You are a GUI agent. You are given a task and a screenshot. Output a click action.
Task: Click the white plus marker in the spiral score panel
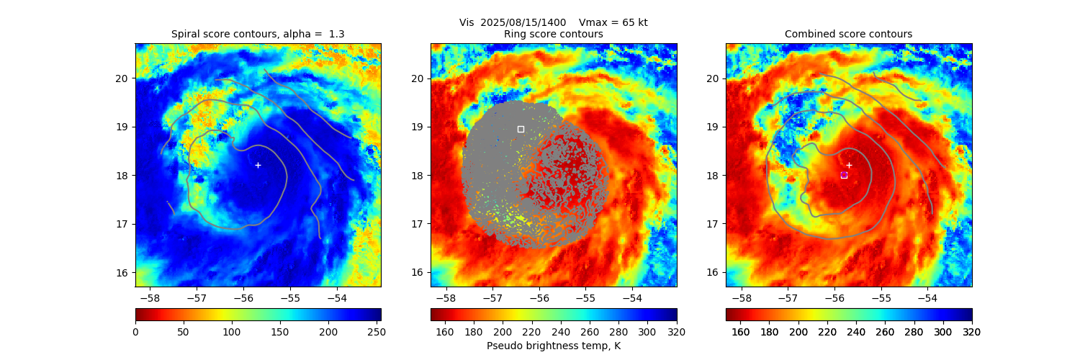point(258,165)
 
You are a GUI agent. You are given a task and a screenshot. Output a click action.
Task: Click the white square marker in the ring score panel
point(521,129)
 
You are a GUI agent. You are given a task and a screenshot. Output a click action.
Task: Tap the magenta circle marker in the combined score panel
point(844,174)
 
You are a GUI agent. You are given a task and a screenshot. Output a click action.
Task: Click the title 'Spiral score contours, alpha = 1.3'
point(258,34)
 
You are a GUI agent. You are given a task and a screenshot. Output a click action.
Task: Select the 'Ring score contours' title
point(553,34)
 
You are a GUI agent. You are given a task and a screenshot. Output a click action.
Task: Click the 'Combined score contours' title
point(848,34)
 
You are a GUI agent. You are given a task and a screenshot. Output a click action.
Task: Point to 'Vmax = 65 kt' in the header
point(613,22)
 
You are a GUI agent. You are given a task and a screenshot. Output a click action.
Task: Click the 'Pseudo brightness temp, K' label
point(553,346)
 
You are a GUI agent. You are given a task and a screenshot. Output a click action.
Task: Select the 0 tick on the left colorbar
point(135,331)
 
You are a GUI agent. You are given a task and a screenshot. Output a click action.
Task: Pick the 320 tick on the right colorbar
point(972,331)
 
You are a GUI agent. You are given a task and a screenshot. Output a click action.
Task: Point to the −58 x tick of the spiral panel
point(150,297)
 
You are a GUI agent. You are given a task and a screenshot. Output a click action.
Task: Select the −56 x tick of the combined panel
point(834,297)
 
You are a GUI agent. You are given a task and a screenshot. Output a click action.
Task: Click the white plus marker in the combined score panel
point(849,165)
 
